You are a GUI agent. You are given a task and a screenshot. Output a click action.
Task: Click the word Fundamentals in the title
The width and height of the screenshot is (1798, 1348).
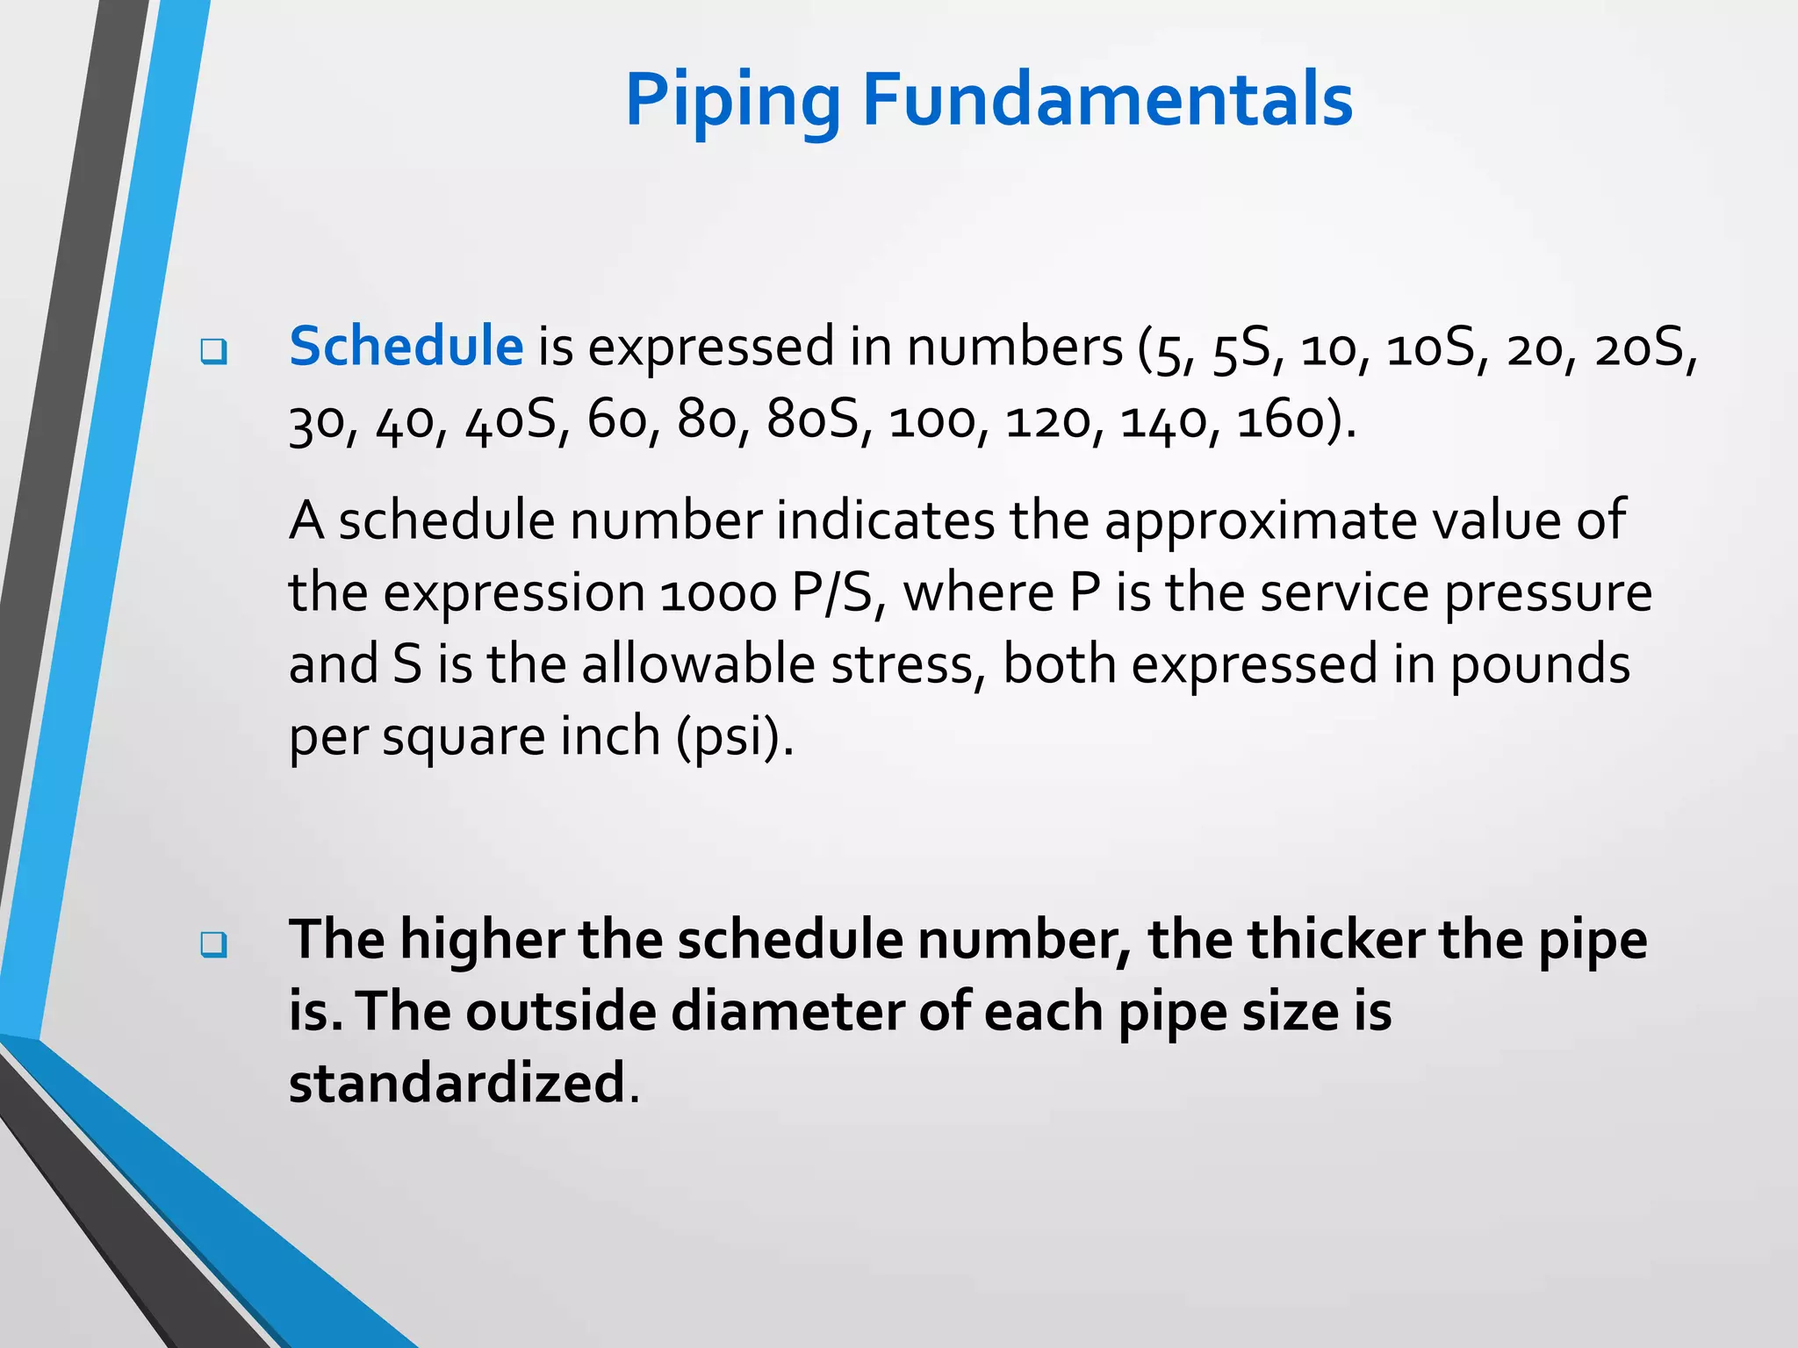[x=1107, y=100]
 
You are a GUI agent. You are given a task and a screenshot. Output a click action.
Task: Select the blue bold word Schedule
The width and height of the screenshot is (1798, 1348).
[x=406, y=346]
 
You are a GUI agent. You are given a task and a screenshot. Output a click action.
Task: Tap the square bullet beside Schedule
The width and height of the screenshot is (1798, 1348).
[x=213, y=352]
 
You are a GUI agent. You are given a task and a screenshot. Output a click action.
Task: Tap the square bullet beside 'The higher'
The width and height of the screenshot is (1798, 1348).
[x=213, y=945]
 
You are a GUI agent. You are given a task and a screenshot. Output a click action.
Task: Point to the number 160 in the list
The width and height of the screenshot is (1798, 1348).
[x=1280, y=421]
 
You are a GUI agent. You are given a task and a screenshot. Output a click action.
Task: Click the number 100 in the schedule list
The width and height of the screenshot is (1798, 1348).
[x=931, y=421]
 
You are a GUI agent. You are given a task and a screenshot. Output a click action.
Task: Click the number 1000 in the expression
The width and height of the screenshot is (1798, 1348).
[x=718, y=594]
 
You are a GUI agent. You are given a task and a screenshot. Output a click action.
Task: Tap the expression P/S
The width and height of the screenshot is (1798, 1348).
[x=831, y=594]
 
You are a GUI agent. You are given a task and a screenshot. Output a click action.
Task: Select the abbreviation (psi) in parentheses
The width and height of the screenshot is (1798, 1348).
[x=734, y=736]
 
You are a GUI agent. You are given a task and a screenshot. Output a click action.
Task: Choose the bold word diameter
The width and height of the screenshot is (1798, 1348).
[x=788, y=1012]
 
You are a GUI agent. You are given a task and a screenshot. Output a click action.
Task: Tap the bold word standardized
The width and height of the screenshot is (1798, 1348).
[x=457, y=1083]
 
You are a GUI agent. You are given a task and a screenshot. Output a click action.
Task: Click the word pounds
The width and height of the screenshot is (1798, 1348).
[x=1539, y=666]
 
